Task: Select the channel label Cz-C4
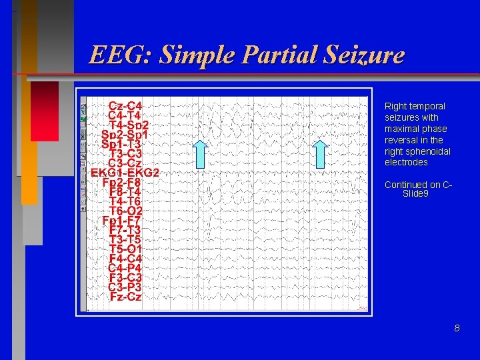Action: (125, 105)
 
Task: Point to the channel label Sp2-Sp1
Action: (125, 134)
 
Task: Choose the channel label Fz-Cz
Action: (125, 297)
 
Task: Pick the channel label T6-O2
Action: (125, 211)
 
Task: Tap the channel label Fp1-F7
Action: (125, 221)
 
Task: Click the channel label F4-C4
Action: (125, 259)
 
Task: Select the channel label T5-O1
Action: (125, 249)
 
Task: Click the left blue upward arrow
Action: (201, 153)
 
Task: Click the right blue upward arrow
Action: (321, 153)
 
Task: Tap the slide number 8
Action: (457, 328)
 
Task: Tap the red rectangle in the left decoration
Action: (44, 111)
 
